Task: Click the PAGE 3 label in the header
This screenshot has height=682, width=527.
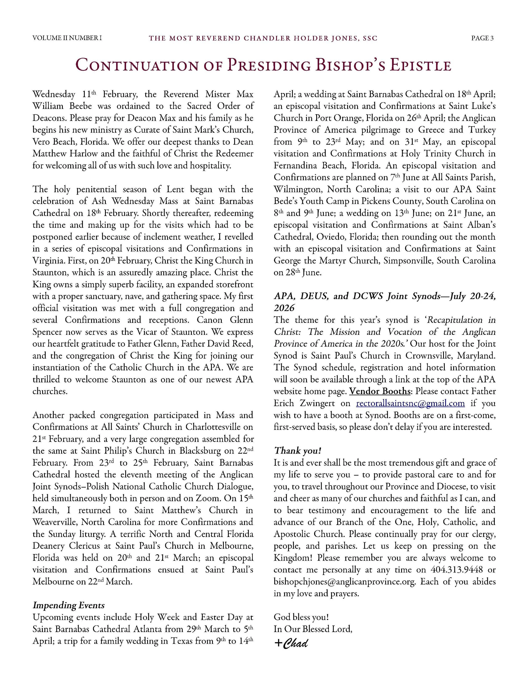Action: pos(482,38)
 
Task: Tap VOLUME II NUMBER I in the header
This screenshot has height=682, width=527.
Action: pos(67,38)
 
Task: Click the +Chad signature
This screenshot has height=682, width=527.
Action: pos(292,643)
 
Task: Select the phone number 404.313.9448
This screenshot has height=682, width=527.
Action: pos(456,570)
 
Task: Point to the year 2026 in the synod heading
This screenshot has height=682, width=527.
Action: pos(284,308)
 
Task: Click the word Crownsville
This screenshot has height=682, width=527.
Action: pos(428,356)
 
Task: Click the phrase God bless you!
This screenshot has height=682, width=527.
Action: pos(301,617)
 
